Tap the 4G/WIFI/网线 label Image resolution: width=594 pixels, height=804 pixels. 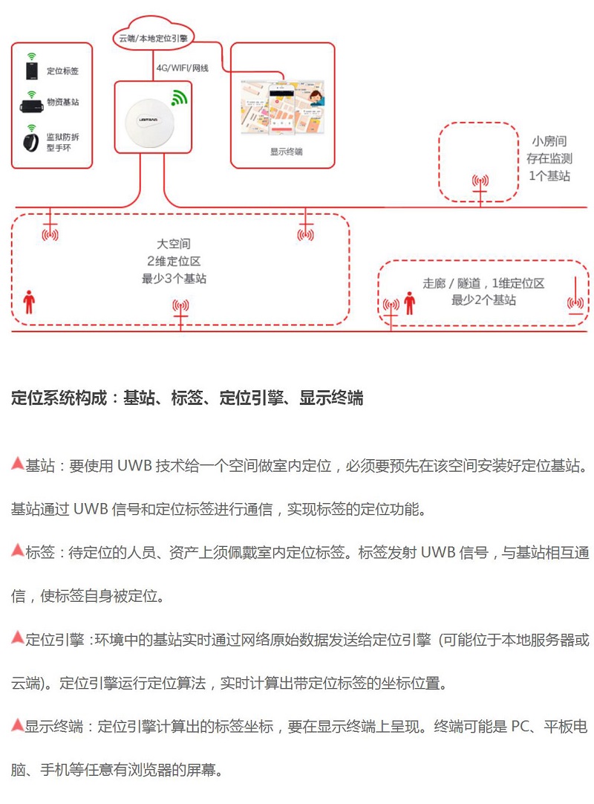tap(182, 68)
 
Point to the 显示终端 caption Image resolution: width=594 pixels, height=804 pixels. tap(285, 151)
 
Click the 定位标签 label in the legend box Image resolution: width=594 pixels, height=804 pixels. tap(62, 71)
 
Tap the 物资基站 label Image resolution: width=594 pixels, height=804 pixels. tap(62, 102)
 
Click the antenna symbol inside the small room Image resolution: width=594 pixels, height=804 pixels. tap(480, 182)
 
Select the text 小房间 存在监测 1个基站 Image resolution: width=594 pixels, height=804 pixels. tap(549, 158)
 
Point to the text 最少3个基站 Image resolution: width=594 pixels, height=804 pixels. tap(174, 279)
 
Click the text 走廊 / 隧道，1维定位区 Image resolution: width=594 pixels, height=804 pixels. tap(484, 284)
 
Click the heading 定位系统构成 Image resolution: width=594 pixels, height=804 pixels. tap(187, 398)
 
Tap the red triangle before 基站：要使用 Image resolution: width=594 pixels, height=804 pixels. tap(18, 464)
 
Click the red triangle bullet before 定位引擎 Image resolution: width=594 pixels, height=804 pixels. tap(18, 637)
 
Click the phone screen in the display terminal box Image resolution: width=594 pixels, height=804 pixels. tap(281, 111)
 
